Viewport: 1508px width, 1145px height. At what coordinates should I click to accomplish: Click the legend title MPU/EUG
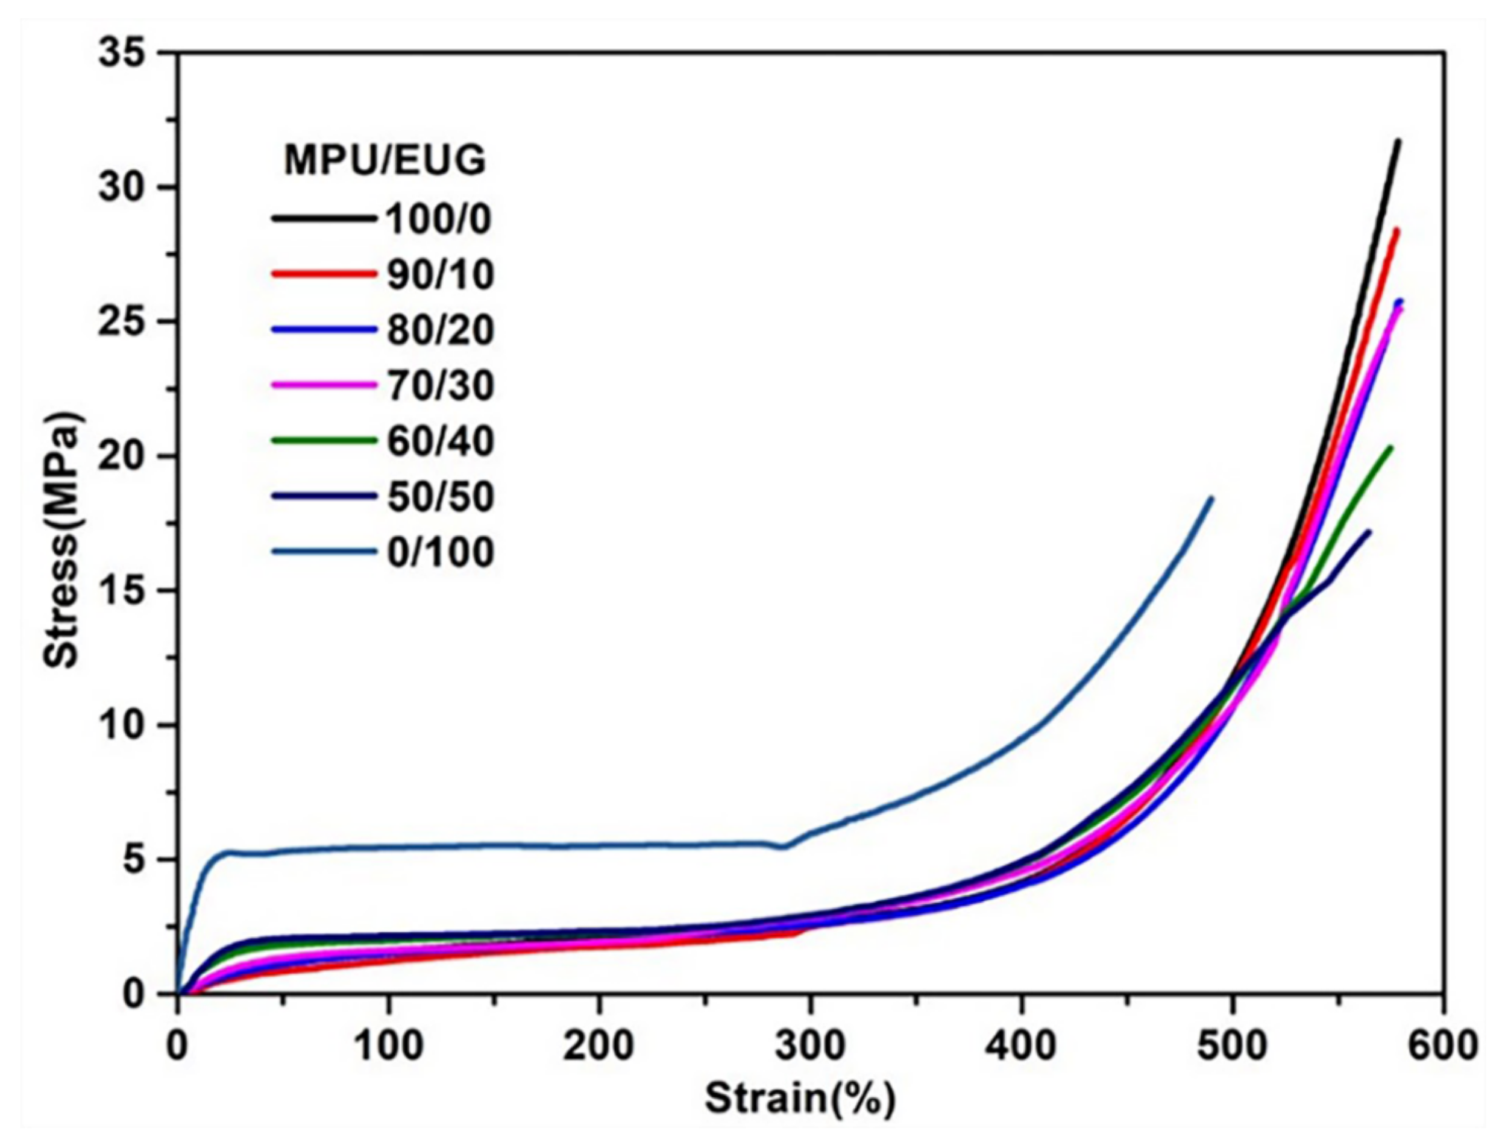(385, 162)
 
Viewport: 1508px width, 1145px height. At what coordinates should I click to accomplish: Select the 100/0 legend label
(439, 219)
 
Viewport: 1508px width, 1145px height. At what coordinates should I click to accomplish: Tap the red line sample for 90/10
(323, 274)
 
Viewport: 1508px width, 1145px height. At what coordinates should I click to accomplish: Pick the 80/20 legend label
(441, 330)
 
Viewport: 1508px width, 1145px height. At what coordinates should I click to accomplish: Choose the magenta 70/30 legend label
(441, 386)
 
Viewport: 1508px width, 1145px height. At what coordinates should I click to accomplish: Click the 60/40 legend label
(441, 441)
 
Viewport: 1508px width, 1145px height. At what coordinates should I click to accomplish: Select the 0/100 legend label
(441, 552)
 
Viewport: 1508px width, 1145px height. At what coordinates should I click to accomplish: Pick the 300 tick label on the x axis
(810, 1046)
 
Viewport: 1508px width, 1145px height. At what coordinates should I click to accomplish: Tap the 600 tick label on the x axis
(1442, 1046)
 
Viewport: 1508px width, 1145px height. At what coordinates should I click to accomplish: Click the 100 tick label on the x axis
(389, 1046)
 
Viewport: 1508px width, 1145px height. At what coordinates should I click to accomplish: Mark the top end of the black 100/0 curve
(1398, 141)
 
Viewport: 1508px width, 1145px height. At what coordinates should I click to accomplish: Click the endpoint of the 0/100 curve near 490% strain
(1211, 499)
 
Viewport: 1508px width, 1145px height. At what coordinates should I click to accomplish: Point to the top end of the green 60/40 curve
(1390, 447)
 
